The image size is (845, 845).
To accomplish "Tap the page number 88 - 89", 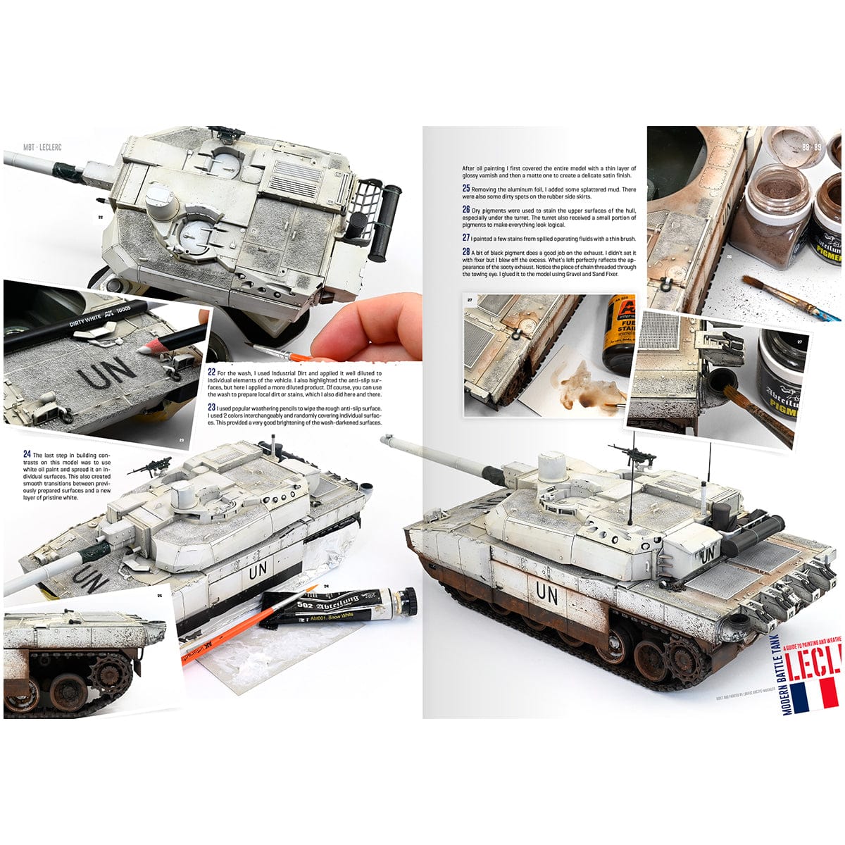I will coord(810,147).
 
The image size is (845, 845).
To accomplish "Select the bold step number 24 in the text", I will coord(27,454).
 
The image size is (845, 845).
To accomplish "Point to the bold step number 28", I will coord(465,251).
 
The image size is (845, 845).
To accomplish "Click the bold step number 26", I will coord(465,210).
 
